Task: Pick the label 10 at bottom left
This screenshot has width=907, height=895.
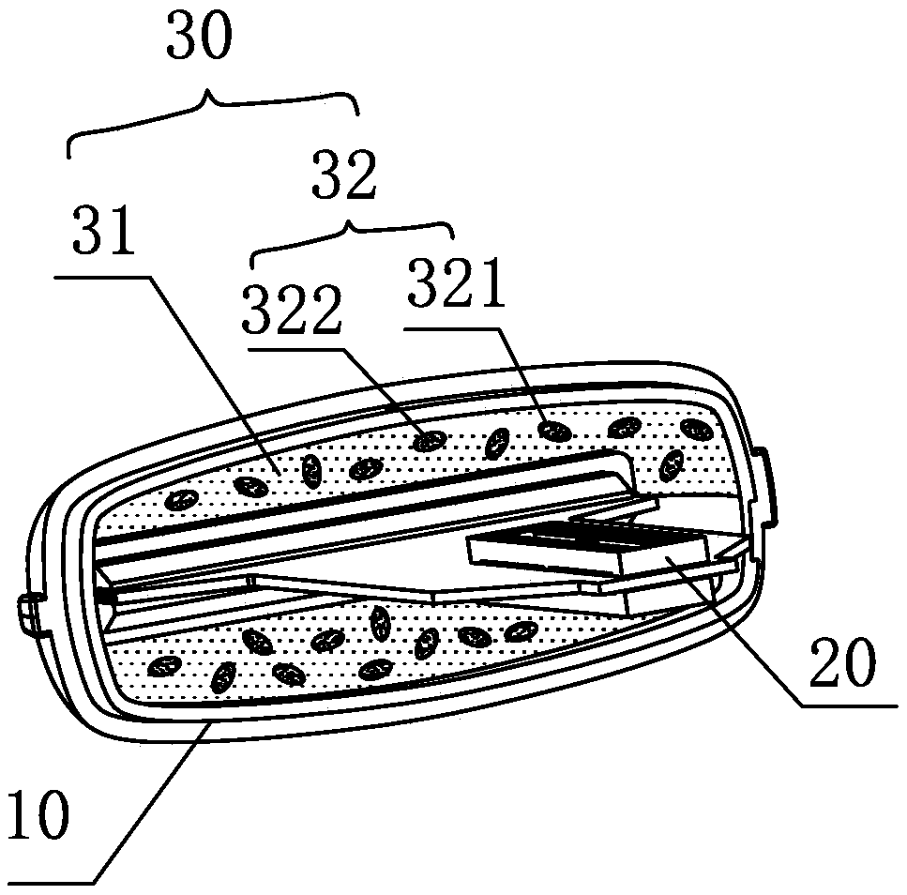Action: [x=38, y=815]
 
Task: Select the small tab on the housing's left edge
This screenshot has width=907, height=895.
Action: [x=27, y=614]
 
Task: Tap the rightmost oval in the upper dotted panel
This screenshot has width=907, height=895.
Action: [x=672, y=463]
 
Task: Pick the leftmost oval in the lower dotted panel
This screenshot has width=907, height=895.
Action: [x=165, y=667]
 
